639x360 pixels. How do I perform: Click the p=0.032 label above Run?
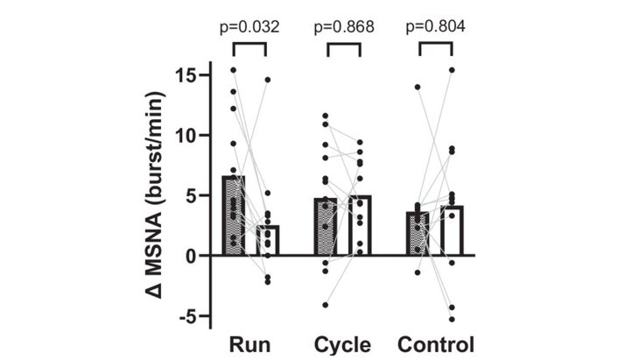coord(249,27)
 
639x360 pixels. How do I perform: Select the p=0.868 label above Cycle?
coord(343,27)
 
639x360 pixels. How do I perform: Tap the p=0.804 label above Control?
coord(435,27)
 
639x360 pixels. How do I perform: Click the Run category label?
coord(249,342)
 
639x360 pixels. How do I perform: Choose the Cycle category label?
coord(343,342)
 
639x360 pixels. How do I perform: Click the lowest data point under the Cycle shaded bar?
coord(326,305)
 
